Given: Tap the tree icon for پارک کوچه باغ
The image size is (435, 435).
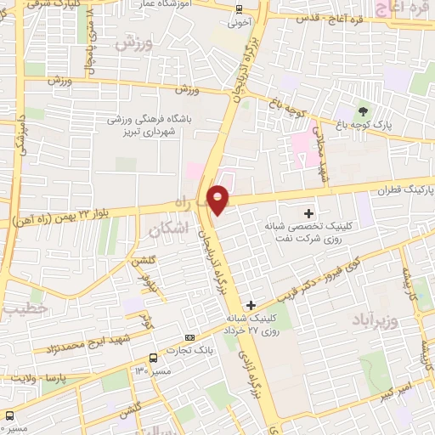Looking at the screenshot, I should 364,111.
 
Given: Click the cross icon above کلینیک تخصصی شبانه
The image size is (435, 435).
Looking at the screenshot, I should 308,212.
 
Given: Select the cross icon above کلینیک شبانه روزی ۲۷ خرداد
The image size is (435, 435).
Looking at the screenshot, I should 250,304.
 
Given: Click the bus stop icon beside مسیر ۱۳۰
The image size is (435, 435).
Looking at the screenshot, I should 152,358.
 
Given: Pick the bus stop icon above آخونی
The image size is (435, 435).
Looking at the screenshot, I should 238,10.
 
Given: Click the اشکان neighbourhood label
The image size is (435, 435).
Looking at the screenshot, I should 167,229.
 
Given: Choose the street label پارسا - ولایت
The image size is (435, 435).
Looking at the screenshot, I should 48,374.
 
